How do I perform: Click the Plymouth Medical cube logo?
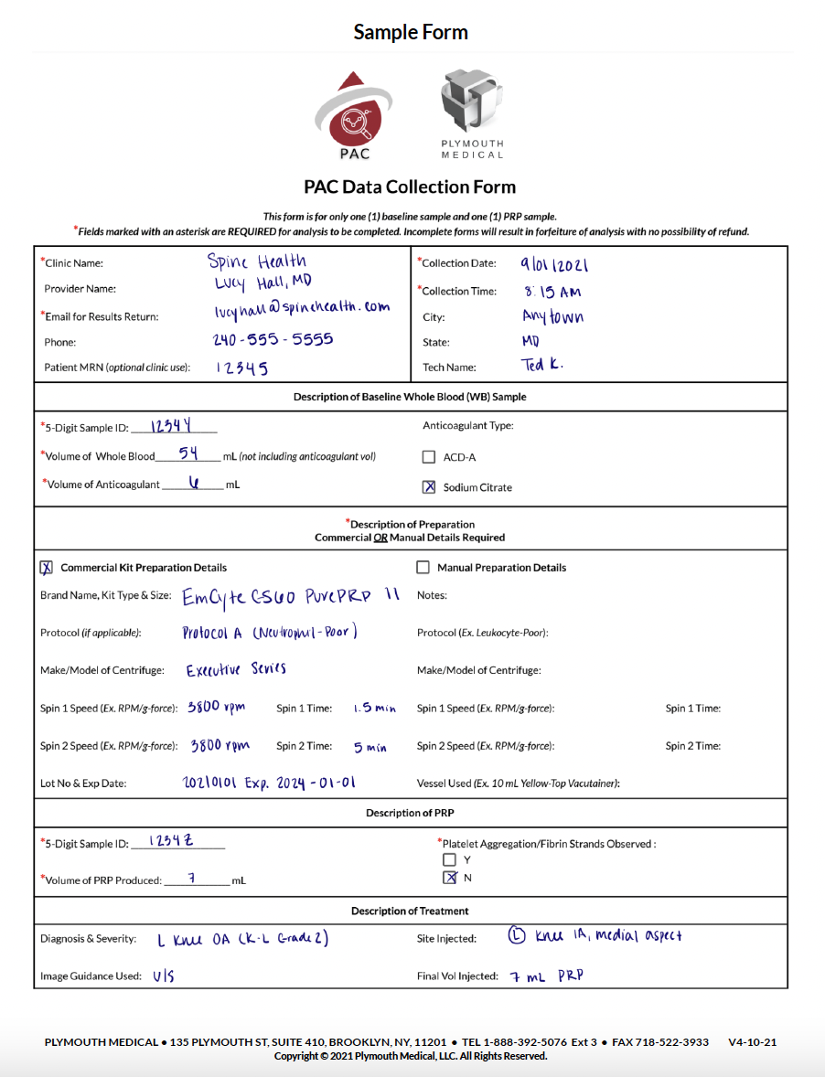pos(471,101)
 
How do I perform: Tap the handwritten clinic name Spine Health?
pos(257,261)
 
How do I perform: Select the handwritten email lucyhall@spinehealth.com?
pos(299,309)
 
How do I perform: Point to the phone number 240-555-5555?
pos(273,339)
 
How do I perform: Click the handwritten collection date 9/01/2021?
pos(554,265)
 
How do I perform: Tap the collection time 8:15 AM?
pos(553,293)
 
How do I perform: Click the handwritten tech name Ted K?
pos(543,365)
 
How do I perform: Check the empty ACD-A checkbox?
pos(429,457)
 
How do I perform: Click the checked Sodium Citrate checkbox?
pos(429,487)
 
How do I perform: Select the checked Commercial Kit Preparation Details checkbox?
pos(47,567)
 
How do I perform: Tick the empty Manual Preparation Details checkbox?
pos(423,567)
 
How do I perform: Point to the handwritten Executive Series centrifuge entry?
pos(236,669)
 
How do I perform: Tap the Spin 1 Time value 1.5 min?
pos(374,709)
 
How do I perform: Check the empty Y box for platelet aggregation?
pos(449,859)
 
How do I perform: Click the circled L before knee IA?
pos(517,935)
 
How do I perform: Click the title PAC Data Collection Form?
pos(410,187)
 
